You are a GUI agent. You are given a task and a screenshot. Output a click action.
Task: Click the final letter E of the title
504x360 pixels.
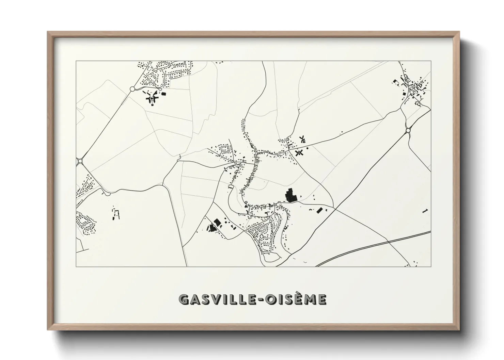click(322, 299)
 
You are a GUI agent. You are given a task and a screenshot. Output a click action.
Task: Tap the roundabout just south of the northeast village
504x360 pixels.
click(408, 130)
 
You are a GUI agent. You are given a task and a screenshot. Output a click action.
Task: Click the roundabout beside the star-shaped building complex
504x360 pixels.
click(132, 89)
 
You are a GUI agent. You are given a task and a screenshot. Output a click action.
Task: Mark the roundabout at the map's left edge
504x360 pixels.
click(80, 161)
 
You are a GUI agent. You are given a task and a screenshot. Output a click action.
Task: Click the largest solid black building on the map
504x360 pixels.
click(290, 195)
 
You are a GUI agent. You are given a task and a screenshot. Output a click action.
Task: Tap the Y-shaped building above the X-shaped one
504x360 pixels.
click(302, 139)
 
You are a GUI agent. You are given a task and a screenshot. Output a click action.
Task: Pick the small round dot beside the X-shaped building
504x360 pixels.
click(308, 148)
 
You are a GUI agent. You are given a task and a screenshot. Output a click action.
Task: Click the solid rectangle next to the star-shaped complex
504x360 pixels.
click(163, 94)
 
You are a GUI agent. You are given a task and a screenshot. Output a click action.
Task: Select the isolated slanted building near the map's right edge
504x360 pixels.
click(424, 211)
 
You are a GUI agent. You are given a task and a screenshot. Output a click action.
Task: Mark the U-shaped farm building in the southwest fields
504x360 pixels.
click(117, 215)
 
